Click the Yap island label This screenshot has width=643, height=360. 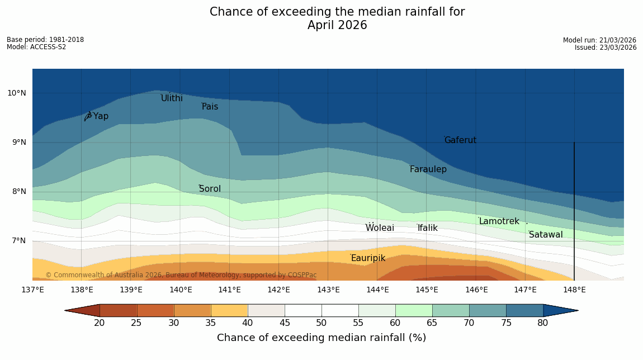coord(101,116)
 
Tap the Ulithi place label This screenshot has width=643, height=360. coord(172,98)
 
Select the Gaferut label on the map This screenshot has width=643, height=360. coord(460,140)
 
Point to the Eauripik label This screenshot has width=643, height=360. coord(368,258)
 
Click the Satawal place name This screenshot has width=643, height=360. coord(546,235)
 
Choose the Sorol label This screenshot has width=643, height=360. coord(210,189)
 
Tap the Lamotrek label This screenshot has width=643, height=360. coord(499,221)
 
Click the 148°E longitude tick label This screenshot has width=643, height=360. coord(574,290)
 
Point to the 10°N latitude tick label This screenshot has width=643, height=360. coord(17,93)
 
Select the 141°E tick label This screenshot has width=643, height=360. coord(229,290)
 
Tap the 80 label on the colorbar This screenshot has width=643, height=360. coord(542,323)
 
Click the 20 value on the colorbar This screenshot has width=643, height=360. coord(100,323)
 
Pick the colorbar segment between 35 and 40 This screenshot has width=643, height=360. coord(229,310)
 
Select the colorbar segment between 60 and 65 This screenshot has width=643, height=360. coord(413,310)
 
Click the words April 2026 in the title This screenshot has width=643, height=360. coord(337,25)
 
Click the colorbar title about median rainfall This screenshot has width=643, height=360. coord(321,338)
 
